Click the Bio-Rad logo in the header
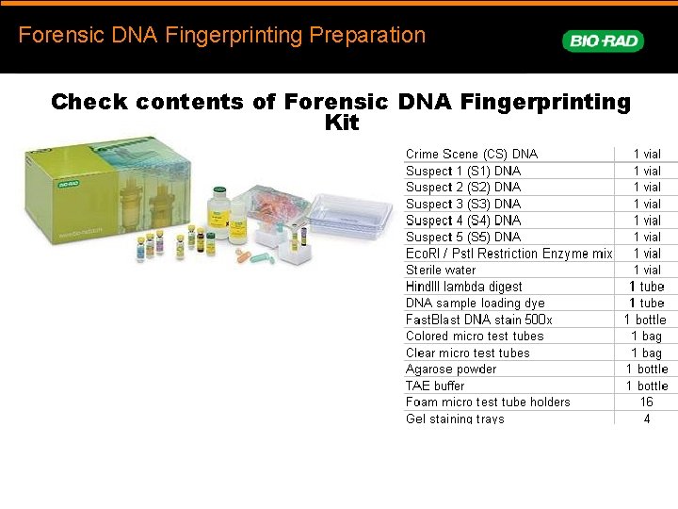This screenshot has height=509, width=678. [603, 41]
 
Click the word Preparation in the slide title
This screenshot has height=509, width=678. [367, 36]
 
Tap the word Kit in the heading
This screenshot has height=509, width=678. [341, 123]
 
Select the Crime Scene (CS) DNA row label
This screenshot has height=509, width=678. [471, 154]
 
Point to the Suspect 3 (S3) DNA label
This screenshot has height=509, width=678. [462, 204]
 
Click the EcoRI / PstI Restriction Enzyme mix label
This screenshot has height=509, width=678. [508, 254]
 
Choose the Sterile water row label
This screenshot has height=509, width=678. [441, 270]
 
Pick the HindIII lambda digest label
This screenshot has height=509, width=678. [463, 287]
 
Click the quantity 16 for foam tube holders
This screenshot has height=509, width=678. [646, 402]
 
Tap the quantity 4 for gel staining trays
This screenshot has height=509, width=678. [646, 419]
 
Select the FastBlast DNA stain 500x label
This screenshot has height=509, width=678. [478, 320]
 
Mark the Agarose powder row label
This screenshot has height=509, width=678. [450, 369]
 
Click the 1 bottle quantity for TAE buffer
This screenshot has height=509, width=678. [646, 386]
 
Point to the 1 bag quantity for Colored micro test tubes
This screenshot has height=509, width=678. [646, 336]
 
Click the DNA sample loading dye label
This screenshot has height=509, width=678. [475, 303]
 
